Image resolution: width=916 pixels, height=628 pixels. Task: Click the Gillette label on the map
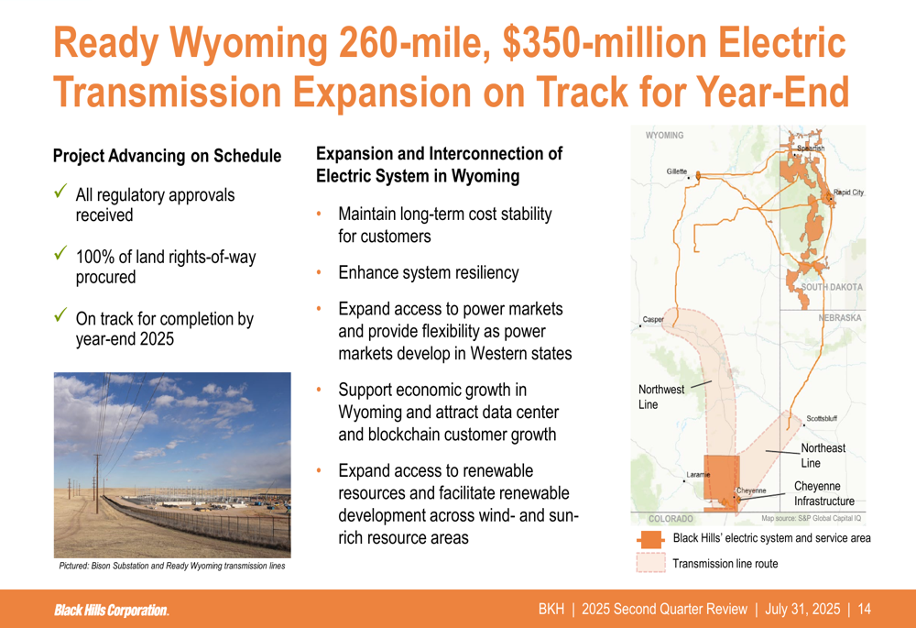pos(677,171)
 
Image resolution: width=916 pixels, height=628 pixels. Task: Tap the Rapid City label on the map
pos(848,193)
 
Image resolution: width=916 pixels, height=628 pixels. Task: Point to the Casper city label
pos(653,319)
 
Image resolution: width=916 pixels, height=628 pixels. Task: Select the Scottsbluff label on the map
pos(822,419)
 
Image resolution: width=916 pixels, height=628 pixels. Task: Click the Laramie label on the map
pos(698,474)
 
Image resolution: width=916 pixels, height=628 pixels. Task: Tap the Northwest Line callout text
pos(660,397)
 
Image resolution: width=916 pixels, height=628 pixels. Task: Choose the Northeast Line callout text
pos(823,456)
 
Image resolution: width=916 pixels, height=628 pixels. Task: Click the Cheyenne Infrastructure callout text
pos(823,493)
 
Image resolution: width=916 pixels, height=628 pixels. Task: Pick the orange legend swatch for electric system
pos(650,539)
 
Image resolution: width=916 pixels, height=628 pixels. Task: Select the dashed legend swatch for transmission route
pos(650,563)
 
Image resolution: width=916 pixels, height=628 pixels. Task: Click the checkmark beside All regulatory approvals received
pos(60,191)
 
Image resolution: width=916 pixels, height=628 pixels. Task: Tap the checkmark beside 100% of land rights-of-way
pos(60,253)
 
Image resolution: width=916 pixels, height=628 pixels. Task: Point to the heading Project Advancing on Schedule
pos(167,156)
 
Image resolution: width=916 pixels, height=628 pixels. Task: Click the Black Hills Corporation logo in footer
pos(112,610)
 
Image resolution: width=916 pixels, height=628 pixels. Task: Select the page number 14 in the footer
pos(864,610)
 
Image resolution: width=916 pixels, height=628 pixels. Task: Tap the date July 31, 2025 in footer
pos(802,610)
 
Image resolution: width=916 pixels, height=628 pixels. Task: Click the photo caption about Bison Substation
pos(172,566)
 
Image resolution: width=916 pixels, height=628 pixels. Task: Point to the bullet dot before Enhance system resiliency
pos(319,272)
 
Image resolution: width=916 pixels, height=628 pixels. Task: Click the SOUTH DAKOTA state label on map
pos(832,287)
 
